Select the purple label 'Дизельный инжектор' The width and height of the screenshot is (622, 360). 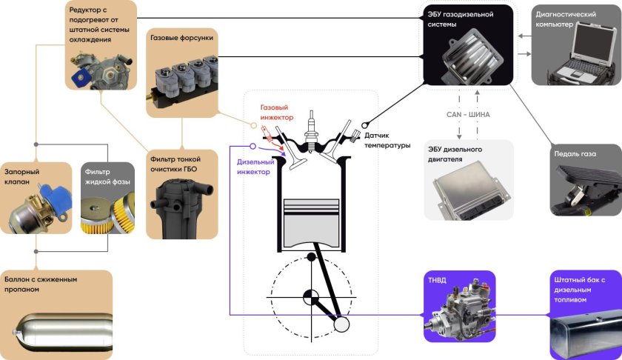pos(253,166)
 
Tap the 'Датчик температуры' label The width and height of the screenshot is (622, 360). pos(387,140)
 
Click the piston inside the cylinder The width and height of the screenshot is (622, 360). pos(312,216)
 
